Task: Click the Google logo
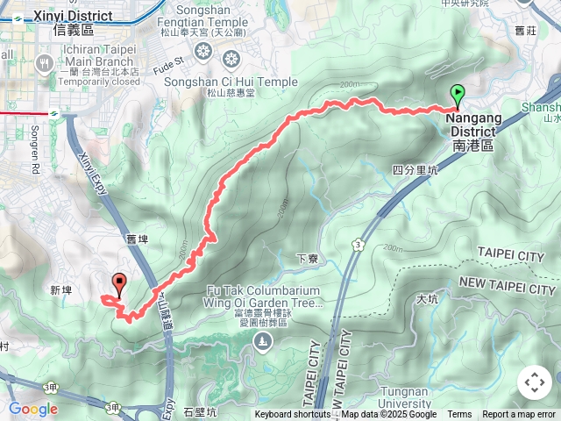(x=32, y=409)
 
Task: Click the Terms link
(x=459, y=415)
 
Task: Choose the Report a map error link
(x=519, y=415)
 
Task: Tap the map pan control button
(x=534, y=382)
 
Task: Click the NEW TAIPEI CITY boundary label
(x=508, y=286)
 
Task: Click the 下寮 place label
(x=307, y=259)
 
